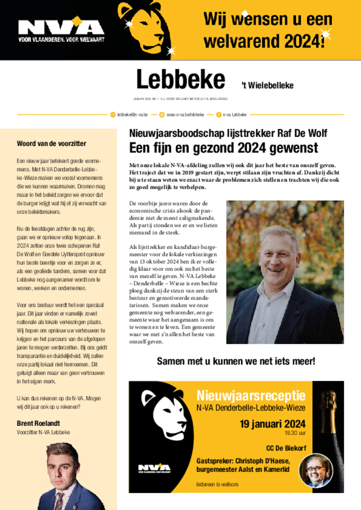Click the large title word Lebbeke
point(180,80)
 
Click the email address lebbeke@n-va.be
point(132,115)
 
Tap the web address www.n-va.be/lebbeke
point(185,115)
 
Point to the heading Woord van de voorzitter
point(51,144)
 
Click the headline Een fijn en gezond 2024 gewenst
point(223,148)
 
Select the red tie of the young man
point(59,500)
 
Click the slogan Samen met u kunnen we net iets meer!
point(236,361)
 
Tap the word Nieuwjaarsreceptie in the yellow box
point(251,396)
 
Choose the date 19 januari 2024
point(272,424)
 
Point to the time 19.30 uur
point(295,433)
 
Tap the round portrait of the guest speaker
point(315,471)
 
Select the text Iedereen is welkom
point(217,484)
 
